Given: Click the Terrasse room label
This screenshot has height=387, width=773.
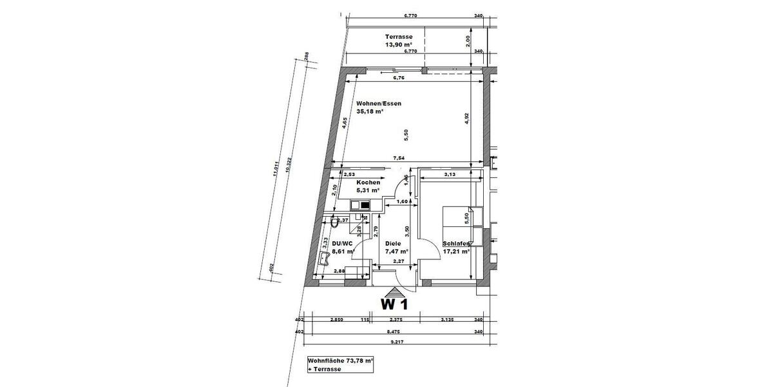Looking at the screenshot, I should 399,37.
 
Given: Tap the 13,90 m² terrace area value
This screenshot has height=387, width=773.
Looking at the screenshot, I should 399,45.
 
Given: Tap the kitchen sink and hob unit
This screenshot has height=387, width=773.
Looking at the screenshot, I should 361,205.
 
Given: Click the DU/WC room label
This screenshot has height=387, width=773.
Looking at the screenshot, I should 340,244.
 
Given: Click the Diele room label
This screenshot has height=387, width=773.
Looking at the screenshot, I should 393,244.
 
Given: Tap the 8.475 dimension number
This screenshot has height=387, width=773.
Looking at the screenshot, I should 394,332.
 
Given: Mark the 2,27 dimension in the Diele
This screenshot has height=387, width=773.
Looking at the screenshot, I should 399,261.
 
